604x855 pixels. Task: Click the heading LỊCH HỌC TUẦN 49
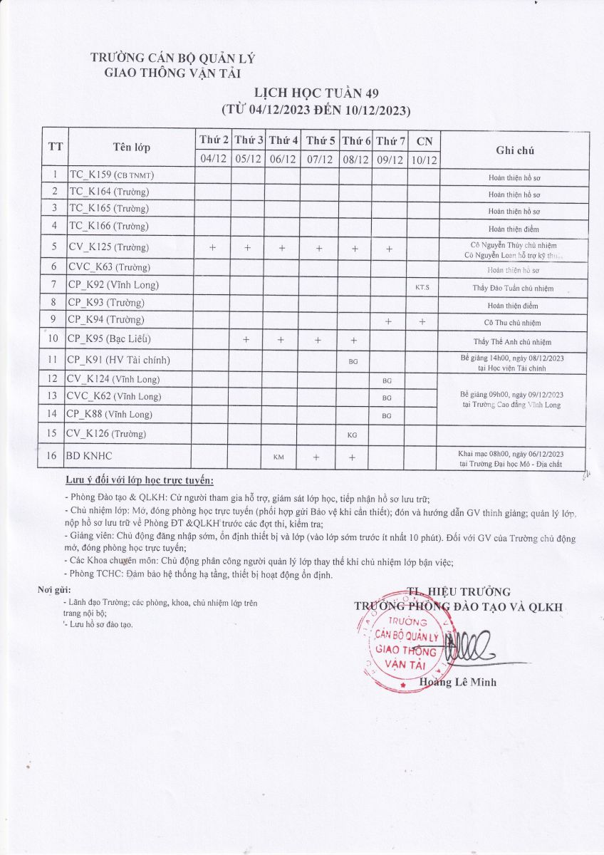pos(317,93)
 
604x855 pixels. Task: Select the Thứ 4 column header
pos(284,140)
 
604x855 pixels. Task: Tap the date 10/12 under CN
pos(424,160)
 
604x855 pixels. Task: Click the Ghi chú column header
pos(515,150)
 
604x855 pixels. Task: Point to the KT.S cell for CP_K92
pos(422,287)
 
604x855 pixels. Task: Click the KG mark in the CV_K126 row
pos(353,435)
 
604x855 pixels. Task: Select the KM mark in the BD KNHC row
pos(278,457)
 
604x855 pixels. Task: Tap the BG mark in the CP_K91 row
pos(353,361)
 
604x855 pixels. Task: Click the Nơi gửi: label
pos(54,589)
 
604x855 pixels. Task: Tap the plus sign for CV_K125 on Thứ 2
pos(212,248)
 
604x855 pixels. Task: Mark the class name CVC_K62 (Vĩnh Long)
pos(114,396)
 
